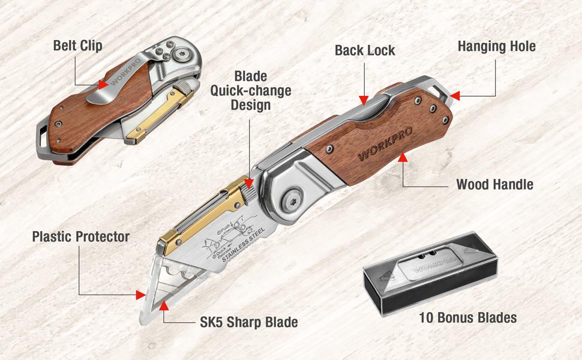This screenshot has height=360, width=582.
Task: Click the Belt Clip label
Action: pyautogui.click(x=77, y=46)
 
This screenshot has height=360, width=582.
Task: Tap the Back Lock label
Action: pyautogui.click(x=365, y=50)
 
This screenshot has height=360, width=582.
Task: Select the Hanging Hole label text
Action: pyautogui.click(x=497, y=46)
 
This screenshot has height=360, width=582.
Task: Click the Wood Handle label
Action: pyautogui.click(x=494, y=185)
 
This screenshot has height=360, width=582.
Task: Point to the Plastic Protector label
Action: pyautogui.click(x=80, y=236)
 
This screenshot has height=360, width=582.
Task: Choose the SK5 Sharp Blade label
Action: pyautogui.click(x=248, y=322)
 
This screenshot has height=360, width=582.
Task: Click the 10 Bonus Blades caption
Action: pyautogui.click(x=468, y=317)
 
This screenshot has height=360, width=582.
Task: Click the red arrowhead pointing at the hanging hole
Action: pyautogui.click(x=454, y=95)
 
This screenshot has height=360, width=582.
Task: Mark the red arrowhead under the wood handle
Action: pyautogui.click(x=403, y=158)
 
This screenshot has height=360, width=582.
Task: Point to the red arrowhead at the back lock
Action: pyautogui.click(x=362, y=100)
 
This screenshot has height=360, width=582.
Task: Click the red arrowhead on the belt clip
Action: pyautogui.click(x=103, y=85)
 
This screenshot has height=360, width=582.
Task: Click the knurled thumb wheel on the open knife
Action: pyautogui.click(x=251, y=193)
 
